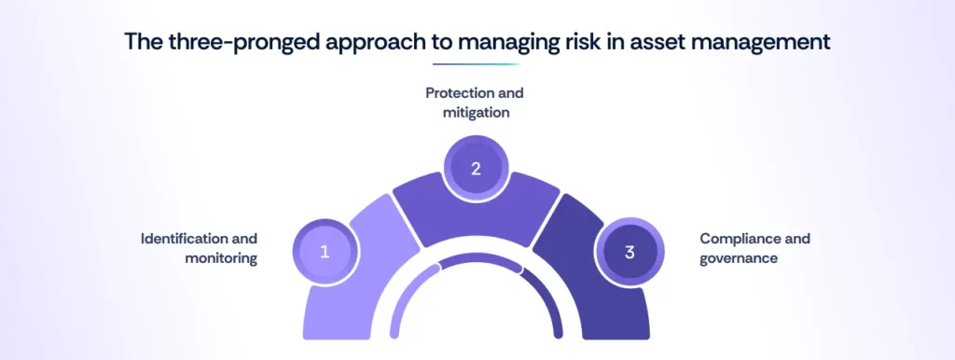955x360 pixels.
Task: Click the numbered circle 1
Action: coord(325,252)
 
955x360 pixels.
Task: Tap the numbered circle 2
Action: coord(476,169)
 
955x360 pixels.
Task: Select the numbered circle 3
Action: coord(629,252)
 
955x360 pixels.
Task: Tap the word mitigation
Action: coord(477,113)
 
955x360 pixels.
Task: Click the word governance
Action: coord(739,258)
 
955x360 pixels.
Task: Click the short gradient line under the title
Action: coord(477,64)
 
